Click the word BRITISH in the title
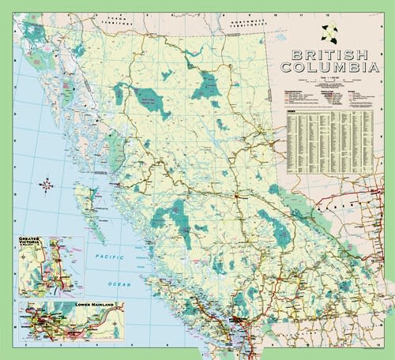point(329,56)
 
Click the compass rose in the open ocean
point(46,186)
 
